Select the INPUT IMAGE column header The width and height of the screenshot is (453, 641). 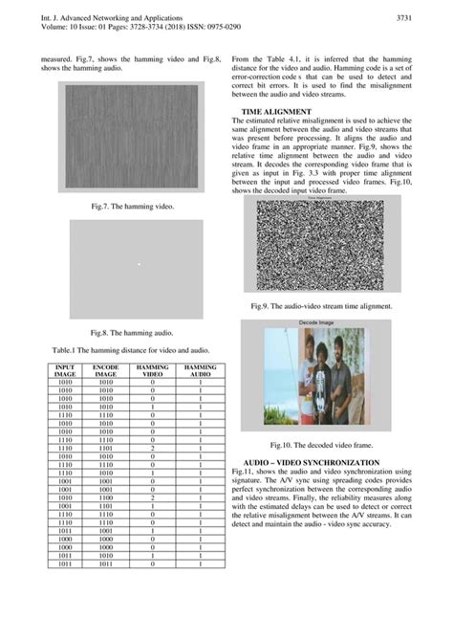coord(66,370)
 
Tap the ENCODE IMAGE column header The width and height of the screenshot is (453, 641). coord(106,370)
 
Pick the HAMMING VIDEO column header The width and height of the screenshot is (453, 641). coord(153,370)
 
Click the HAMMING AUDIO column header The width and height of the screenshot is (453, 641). coord(200,370)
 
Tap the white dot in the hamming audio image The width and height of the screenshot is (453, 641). coord(139,264)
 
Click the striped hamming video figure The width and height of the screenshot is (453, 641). coord(132,139)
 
